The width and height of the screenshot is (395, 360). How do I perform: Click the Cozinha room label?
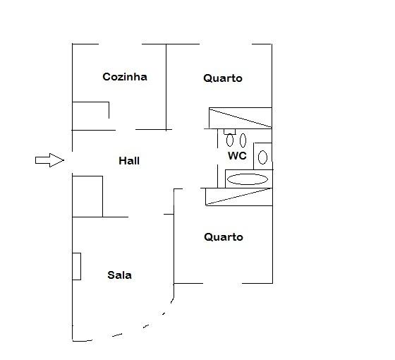tap(125, 77)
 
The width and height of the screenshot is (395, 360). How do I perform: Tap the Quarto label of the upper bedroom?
tap(223, 78)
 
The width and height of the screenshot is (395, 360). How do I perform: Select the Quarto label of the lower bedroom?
tap(224, 237)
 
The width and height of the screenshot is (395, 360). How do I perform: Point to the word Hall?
tap(129, 161)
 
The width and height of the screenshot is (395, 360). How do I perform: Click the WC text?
tap(237, 155)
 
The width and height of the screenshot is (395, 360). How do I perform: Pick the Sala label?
tap(119, 275)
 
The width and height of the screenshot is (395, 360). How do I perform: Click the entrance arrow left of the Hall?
tap(49, 160)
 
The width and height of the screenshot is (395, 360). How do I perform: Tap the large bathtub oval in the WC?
tap(248, 179)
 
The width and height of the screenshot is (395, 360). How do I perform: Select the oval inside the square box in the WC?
tap(262, 157)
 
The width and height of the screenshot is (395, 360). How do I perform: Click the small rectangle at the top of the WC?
tap(230, 132)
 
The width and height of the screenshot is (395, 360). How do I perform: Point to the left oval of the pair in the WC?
tap(230, 140)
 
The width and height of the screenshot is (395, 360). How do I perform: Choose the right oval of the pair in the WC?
tap(243, 140)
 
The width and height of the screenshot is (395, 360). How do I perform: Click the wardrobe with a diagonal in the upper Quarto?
tap(241, 118)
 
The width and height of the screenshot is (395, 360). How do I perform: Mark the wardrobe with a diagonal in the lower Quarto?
tap(239, 197)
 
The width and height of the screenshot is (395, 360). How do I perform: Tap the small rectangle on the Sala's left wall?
tap(77, 267)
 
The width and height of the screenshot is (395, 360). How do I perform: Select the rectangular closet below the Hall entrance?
tap(87, 196)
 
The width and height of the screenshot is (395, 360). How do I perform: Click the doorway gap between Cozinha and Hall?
tap(126, 130)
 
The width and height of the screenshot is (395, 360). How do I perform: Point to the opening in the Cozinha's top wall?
tap(120, 44)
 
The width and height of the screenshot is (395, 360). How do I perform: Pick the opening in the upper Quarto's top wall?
tap(226, 44)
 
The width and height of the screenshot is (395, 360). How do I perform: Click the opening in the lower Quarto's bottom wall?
tap(222, 283)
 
